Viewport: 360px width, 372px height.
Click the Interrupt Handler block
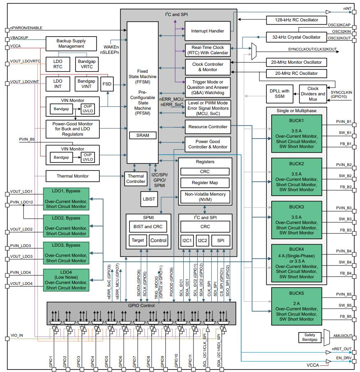coord(208,31)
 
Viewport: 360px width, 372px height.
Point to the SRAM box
coord(143,135)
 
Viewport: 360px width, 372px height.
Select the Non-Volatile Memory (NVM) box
coord(205,197)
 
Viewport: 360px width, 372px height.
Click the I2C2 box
coord(202,240)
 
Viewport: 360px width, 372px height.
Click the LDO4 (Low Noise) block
coord(66,280)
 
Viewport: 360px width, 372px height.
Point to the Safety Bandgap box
coord(309,337)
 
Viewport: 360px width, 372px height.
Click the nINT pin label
coord(347,8)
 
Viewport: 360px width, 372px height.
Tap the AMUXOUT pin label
coord(342,336)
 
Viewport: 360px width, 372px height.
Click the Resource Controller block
coord(208,127)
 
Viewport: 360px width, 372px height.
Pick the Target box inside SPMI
coord(138,240)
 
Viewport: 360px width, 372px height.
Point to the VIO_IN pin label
coord(16,335)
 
